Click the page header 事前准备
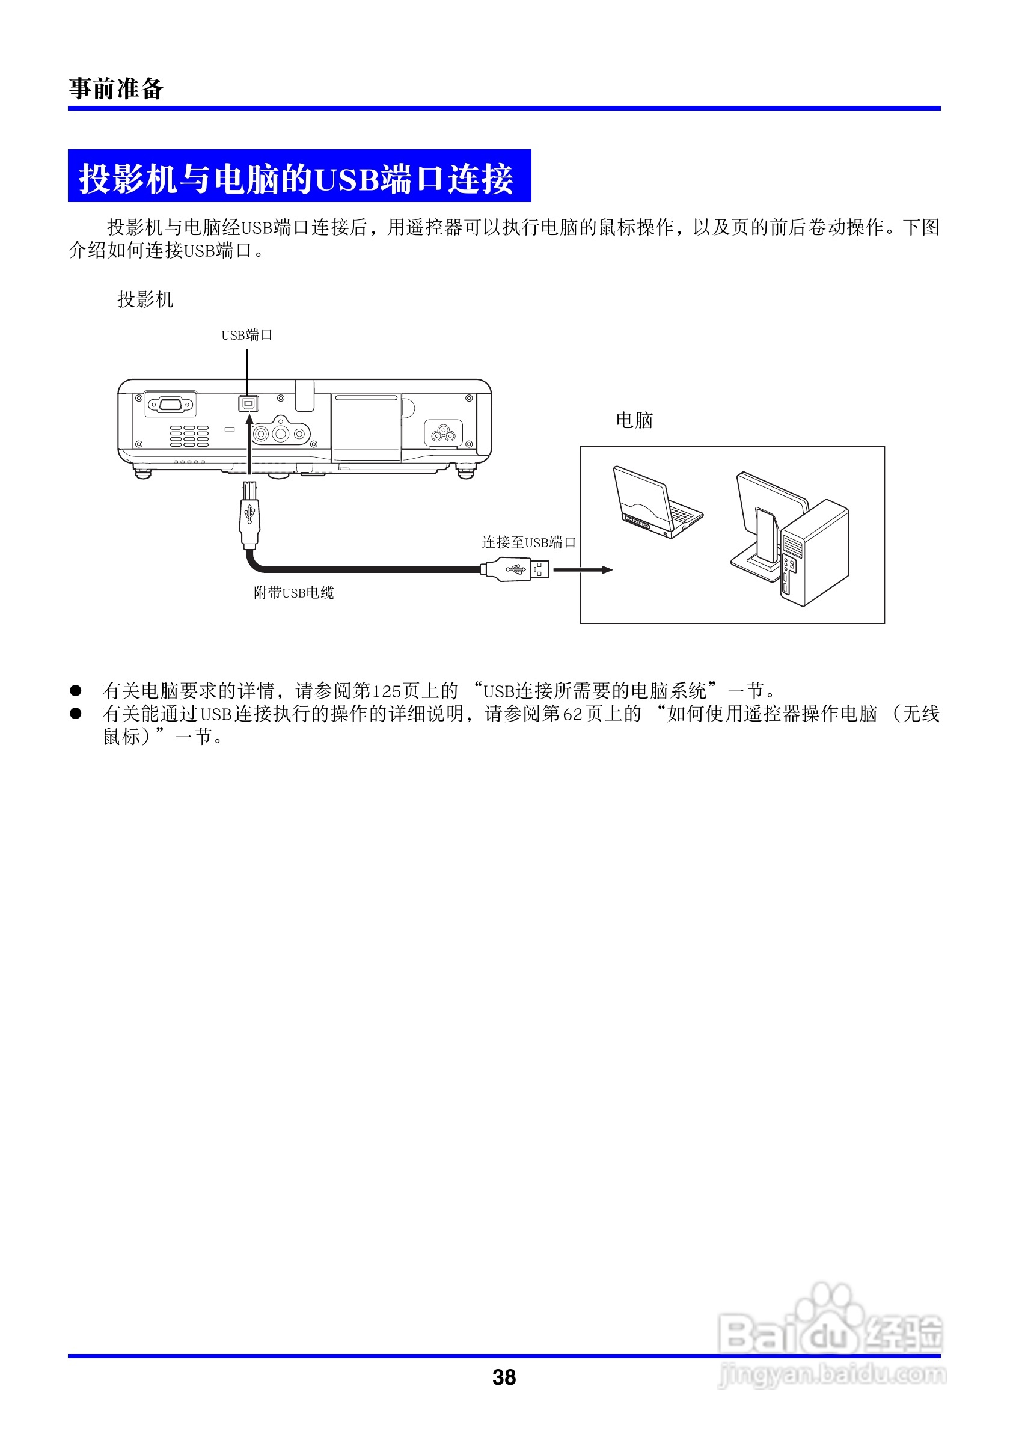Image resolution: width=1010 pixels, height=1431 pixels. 116,88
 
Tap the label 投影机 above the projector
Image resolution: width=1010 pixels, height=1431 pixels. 145,300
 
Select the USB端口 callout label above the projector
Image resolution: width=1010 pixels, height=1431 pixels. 246,336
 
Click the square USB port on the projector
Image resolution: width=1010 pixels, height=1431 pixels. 248,403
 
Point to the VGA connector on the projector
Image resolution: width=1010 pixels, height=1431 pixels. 170,405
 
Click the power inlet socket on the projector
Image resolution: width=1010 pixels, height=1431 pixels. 443,432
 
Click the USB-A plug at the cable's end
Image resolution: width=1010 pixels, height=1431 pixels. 516,569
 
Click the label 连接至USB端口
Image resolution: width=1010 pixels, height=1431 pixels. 528,542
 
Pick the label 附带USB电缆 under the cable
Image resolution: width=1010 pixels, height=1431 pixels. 293,593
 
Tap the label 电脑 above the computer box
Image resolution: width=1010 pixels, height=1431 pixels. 634,421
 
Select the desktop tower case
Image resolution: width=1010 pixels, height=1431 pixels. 815,553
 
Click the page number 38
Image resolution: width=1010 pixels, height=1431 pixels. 504,1377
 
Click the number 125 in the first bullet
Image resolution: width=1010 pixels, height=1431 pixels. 387,691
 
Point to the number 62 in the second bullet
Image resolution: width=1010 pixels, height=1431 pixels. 572,714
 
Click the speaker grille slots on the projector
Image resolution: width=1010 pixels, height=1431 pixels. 189,437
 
